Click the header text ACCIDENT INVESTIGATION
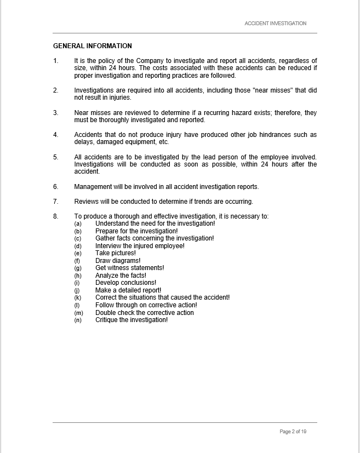[x=275, y=24]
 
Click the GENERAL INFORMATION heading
[x=93, y=46]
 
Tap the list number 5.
[x=55, y=157]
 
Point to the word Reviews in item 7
[x=86, y=202]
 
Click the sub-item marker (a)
[x=78, y=223]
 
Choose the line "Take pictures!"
[x=115, y=253]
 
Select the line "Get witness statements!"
[x=129, y=268]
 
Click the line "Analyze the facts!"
[x=121, y=276]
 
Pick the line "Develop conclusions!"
[x=125, y=283]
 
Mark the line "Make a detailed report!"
[x=128, y=290]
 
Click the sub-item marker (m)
[x=78, y=313]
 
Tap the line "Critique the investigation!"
[x=132, y=320]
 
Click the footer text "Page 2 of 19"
[x=293, y=432]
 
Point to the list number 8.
[x=55, y=216]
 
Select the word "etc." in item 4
[x=163, y=142]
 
